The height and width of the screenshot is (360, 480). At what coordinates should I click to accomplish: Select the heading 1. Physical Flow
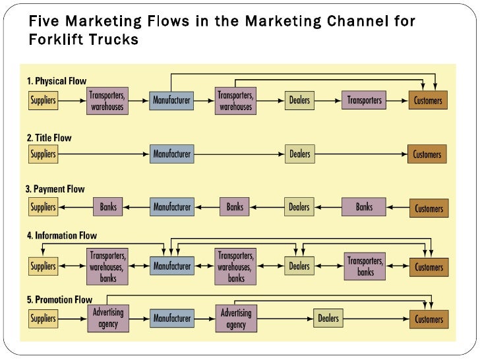pyautogui.click(x=57, y=82)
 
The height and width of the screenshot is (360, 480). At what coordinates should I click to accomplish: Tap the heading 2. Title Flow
pyautogui.click(x=49, y=138)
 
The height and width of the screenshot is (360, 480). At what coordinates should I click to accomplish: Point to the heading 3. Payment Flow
pyautogui.click(x=55, y=189)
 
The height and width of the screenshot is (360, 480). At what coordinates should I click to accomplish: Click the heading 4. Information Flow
pyautogui.click(x=61, y=235)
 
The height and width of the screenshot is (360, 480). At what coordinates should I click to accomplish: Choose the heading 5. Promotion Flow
pyautogui.click(x=59, y=299)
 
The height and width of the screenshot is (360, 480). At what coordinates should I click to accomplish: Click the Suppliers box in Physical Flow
pyautogui.click(x=43, y=100)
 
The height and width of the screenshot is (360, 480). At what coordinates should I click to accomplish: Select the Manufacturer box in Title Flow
pyautogui.click(x=172, y=154)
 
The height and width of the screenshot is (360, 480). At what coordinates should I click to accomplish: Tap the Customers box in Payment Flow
pyautogui.click(x=429, y=208)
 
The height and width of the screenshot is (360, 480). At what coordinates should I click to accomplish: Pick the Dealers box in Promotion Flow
pyautogui.click(x=328, y=318)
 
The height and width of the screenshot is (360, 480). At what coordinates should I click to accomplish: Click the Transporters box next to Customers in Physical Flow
pyautogui.click(x=364, y=101)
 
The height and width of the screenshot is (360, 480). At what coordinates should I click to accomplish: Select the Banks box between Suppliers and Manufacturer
pyautogui.click(x=108, y=207)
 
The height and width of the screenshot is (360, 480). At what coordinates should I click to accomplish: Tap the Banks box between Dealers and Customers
pyautogui.click(x=364, y=207)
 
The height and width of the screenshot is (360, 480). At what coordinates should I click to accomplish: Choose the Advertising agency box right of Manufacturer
pyautogui.click(x=235, y=318)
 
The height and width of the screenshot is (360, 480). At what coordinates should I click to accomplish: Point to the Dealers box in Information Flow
pyautogui.click(x=299, y=266)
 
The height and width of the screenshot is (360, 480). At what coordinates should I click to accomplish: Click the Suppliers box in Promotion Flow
pyautogui.click(x=43, y=319)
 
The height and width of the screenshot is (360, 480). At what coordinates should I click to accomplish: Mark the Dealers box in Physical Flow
pyautogui.click(x=299, y=101)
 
